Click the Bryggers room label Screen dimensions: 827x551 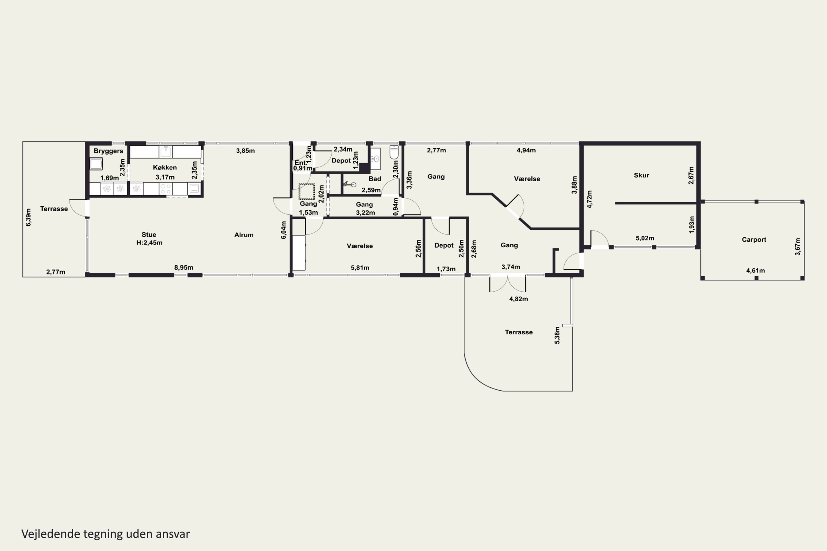coord(108,151)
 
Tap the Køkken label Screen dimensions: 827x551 coord(165,167)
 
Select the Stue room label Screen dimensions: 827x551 coord(149,234)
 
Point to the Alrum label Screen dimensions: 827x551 coord(244,235)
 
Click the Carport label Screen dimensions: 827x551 coord(754,240)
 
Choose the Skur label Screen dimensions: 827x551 coord(641,175)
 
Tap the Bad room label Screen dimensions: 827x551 coord(375,179)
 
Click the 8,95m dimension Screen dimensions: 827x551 coord(184,268)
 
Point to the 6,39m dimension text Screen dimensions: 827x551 coord(28,217)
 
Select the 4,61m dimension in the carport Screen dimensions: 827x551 coord(756,271)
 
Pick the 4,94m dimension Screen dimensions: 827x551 coord(526,150)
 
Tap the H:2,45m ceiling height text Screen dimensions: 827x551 coord(149,242)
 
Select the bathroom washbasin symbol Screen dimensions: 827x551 coord(375,159)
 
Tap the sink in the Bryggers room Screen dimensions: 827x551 coord(96,164)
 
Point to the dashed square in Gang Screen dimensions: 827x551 coord(307,191)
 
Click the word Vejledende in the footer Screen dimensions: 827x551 coord(51,534)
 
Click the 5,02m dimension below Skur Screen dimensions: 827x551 coord(645,238)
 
